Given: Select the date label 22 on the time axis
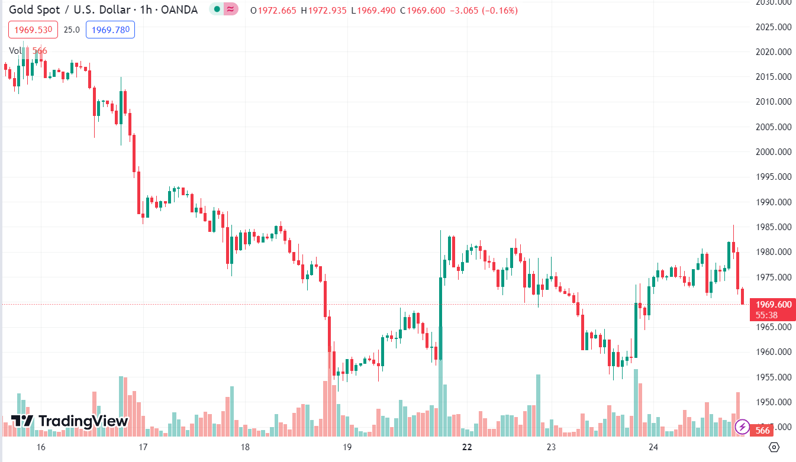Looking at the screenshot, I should [x=467, y=447].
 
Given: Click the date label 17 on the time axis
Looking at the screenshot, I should [x=143, y=447].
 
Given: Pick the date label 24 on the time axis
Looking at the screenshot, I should [x=653, y=447].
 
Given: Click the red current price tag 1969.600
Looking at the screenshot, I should [x=772, y=305].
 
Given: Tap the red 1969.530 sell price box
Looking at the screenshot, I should [x=33, y=30].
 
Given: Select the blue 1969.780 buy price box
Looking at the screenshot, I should [x=110, y=30].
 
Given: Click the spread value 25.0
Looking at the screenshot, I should [x=72, y=30].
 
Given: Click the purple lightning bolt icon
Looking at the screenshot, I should [x=742, y=427].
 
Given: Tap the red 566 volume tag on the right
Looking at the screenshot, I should [x=763, y=430].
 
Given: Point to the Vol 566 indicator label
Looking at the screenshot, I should [x=28, y=51].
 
